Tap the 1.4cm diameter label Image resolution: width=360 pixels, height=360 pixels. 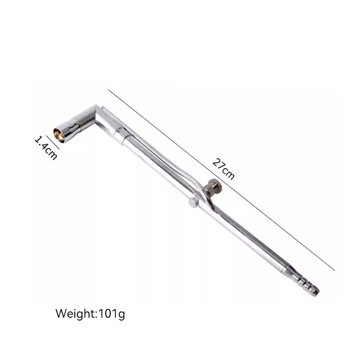46,148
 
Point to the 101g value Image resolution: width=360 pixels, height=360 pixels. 112,314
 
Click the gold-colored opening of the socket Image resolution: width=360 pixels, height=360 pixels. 59,136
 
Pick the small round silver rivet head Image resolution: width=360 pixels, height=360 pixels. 193,202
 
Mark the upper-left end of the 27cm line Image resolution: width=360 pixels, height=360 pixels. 108,90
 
